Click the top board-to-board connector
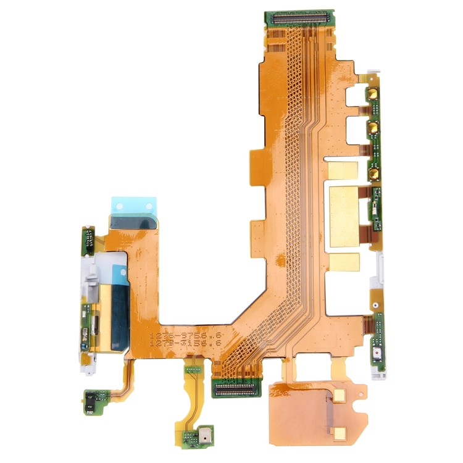tap(299, 17)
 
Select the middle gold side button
tap(374, 128)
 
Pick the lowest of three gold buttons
tap(374, 171)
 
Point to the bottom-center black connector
tap(235, 388)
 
